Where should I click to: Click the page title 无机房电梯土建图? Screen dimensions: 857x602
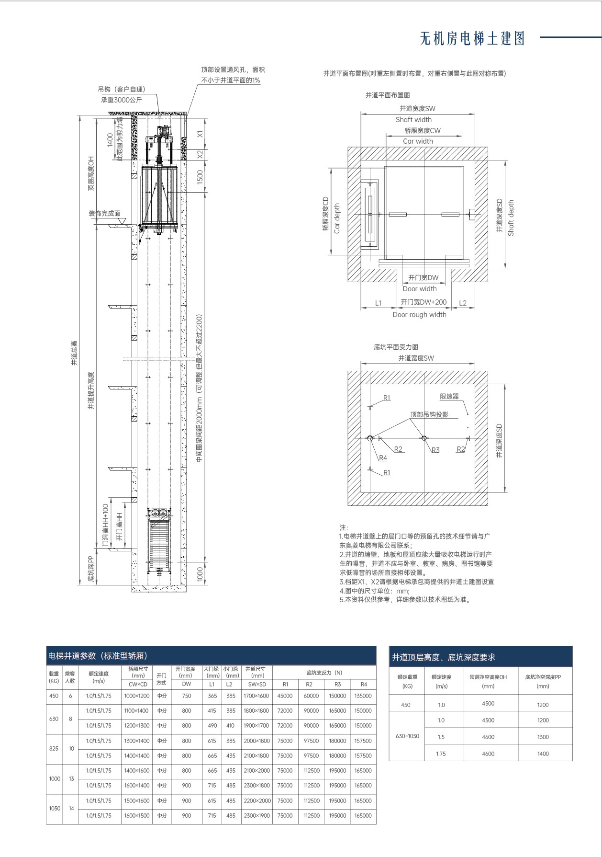tap(472, 38)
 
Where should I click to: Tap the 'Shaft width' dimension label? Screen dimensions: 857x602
tap(413, 120)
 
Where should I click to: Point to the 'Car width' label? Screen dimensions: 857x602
tap(418, 141)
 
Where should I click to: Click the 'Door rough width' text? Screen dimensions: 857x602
tap(419, 315)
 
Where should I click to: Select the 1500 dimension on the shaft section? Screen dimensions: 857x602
tap(201, 177)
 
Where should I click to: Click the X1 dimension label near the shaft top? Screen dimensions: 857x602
tap(201, 134)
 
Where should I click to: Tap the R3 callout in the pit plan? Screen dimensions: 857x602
tap(435, 450)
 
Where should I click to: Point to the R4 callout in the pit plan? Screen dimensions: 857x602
tap(383, 458)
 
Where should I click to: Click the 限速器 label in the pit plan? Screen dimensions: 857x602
tap(449, 397)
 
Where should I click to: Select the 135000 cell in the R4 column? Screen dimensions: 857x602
tap(363, 696)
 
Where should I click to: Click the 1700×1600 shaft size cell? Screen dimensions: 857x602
tap(256, 696)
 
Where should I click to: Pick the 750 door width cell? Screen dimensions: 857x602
tap(187, 696)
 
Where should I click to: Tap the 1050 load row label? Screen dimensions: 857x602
tap(55, 808)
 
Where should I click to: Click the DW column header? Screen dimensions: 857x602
tap(187, 684)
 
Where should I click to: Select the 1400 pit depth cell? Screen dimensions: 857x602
tap(543, 754)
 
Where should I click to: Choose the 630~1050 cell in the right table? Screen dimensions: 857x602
tap(407, 736)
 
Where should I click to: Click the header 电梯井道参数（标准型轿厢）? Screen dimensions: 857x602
tap(98, 656)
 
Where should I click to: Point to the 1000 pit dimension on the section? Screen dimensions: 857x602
tap(201, 573)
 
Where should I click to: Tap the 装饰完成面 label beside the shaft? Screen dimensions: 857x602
tap(104, 214)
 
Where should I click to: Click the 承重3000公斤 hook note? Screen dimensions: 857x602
tap(122, 100)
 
